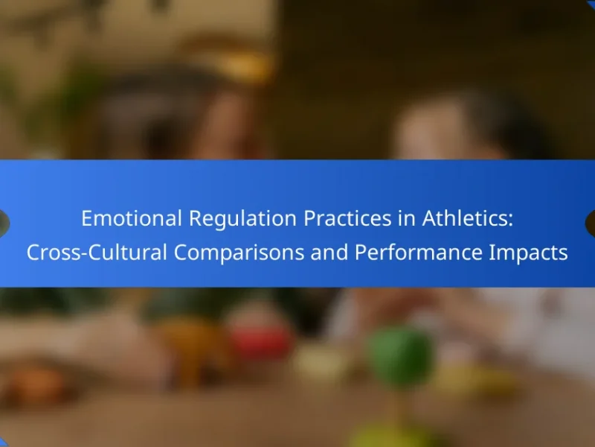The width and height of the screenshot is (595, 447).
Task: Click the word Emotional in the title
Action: point(132,218)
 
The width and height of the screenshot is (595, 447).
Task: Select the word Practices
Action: point(347,218)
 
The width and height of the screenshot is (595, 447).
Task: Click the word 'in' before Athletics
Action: point(407,218)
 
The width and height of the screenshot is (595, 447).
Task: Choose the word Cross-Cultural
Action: point(97,253)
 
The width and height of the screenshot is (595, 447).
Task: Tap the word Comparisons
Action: point(239,253)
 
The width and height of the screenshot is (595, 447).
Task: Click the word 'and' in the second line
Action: point(329,253)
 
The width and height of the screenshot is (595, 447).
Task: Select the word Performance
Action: point(419,253)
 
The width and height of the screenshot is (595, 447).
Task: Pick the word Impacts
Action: point(529,253)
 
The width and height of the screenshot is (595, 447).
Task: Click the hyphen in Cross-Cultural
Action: point(84,255)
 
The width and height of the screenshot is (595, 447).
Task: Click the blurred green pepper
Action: point(400,357)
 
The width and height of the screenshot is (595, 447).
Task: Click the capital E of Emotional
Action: point(87,218)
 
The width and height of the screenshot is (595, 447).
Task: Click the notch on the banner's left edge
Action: point(4,223)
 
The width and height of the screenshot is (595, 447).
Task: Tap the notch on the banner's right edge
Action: point(591,223)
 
